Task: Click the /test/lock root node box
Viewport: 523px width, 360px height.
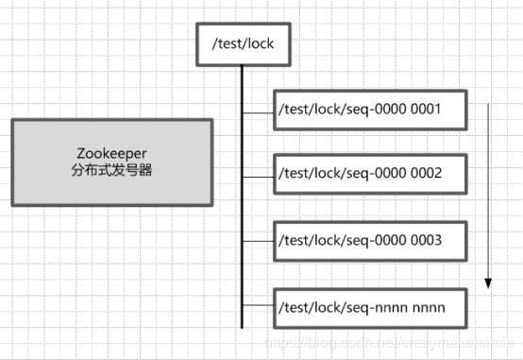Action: tap(241, 43)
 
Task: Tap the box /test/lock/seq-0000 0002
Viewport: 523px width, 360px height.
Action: tap(371, 174)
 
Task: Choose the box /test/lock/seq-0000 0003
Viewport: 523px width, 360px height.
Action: tap(371, 240)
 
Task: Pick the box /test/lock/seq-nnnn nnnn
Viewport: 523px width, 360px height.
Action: tap(371, 307)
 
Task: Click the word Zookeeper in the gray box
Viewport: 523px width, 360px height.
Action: tap(111, 153)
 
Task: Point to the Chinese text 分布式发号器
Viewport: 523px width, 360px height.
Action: tap(111, 170)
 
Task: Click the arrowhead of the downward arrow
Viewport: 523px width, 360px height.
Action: tap(488, 282)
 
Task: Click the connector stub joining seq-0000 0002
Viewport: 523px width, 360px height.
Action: tap(257, 174)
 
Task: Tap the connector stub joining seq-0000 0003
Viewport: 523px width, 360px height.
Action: tap(257, 240)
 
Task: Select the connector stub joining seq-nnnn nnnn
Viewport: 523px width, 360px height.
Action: tap(257, 307)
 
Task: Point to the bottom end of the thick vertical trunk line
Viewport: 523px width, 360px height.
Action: tap(242, 326)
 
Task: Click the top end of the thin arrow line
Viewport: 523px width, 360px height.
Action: tap(488, 105)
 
